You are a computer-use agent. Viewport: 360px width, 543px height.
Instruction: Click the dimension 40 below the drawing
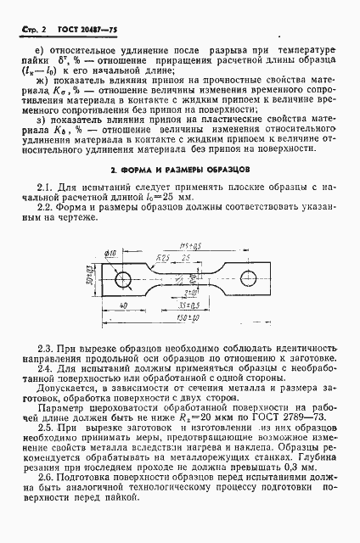point(124,305)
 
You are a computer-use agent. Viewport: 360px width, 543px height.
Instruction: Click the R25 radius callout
point(165,257)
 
